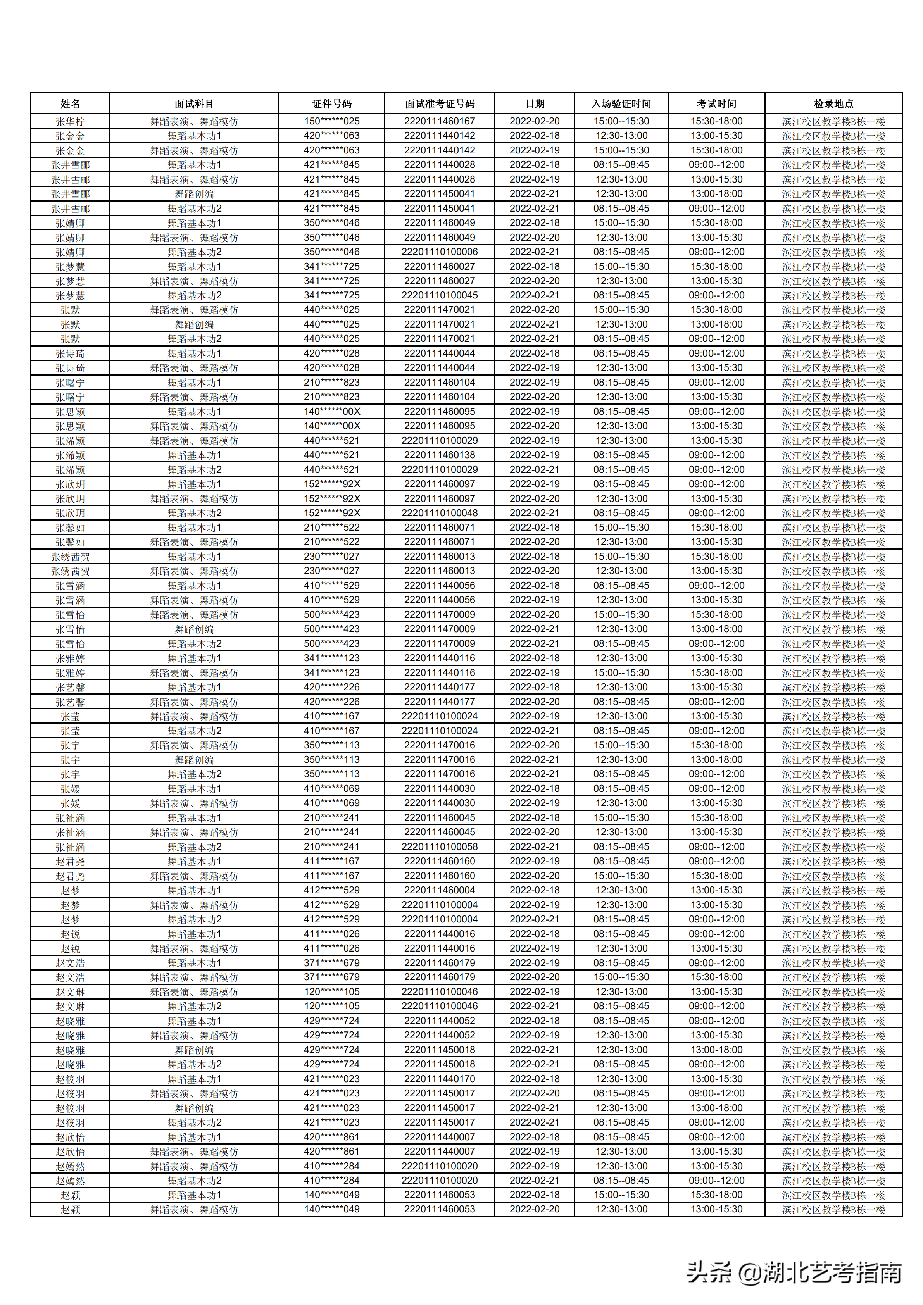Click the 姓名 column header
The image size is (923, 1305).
point(70,103)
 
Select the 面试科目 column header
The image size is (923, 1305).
point(194,103)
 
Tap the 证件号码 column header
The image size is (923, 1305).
point(331,103)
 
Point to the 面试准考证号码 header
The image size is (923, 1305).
point(439,103)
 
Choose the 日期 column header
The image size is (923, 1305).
point(534,103)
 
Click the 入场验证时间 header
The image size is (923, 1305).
point(621,103)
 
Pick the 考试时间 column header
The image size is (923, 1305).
point(716,103)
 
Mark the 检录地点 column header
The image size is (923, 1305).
point(833,103)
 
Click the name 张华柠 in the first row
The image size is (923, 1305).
point(70,121)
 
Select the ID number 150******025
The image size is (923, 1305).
point(331,121)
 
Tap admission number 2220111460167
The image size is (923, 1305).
point(439,121)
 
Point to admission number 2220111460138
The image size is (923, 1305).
point(439,455)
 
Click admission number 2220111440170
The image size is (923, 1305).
point(439,1079)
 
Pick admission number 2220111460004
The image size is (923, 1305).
point(439,890)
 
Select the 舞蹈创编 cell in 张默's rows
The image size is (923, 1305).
point(194,324)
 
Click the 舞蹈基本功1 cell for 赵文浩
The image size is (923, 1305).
point(194,963)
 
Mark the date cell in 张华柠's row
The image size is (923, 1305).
point(534,121)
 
